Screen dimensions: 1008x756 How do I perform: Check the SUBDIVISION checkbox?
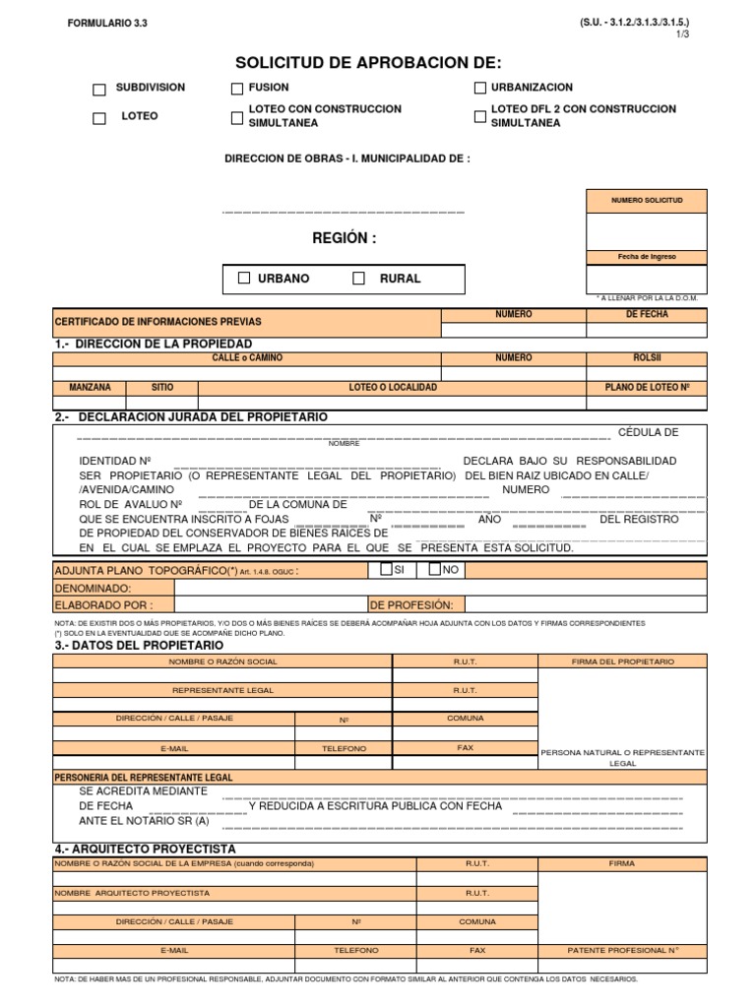coord(99,90)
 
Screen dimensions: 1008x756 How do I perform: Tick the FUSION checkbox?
coord(237,90)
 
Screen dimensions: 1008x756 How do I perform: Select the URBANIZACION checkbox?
coord(480,89)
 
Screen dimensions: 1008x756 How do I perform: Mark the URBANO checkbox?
coord(244,279)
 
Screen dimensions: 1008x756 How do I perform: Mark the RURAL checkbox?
coord(359,279)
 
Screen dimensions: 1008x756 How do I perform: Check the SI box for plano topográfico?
coord(386,569)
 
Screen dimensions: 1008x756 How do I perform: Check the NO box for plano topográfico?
coord(435,569)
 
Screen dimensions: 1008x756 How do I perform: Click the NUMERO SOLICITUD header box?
coord(646,201)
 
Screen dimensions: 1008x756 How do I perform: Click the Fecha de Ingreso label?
coord(646,257)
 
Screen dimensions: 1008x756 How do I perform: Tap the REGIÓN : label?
coord(344,238)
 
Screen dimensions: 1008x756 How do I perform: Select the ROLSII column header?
coord(647,358)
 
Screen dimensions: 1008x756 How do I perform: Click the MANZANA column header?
coord(90,388)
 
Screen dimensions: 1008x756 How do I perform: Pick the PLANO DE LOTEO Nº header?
coord(647,388)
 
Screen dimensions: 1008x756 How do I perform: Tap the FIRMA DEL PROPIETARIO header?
coord(622,661)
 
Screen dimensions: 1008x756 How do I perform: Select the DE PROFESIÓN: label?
coord(410,604)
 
